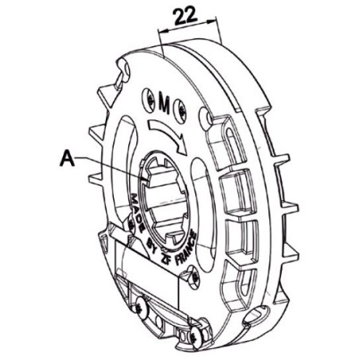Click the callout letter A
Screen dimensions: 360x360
pyautogui.click(x=70, y=158)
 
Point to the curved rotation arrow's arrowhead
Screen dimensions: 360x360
pyautogui.click(x=182, y=146)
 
